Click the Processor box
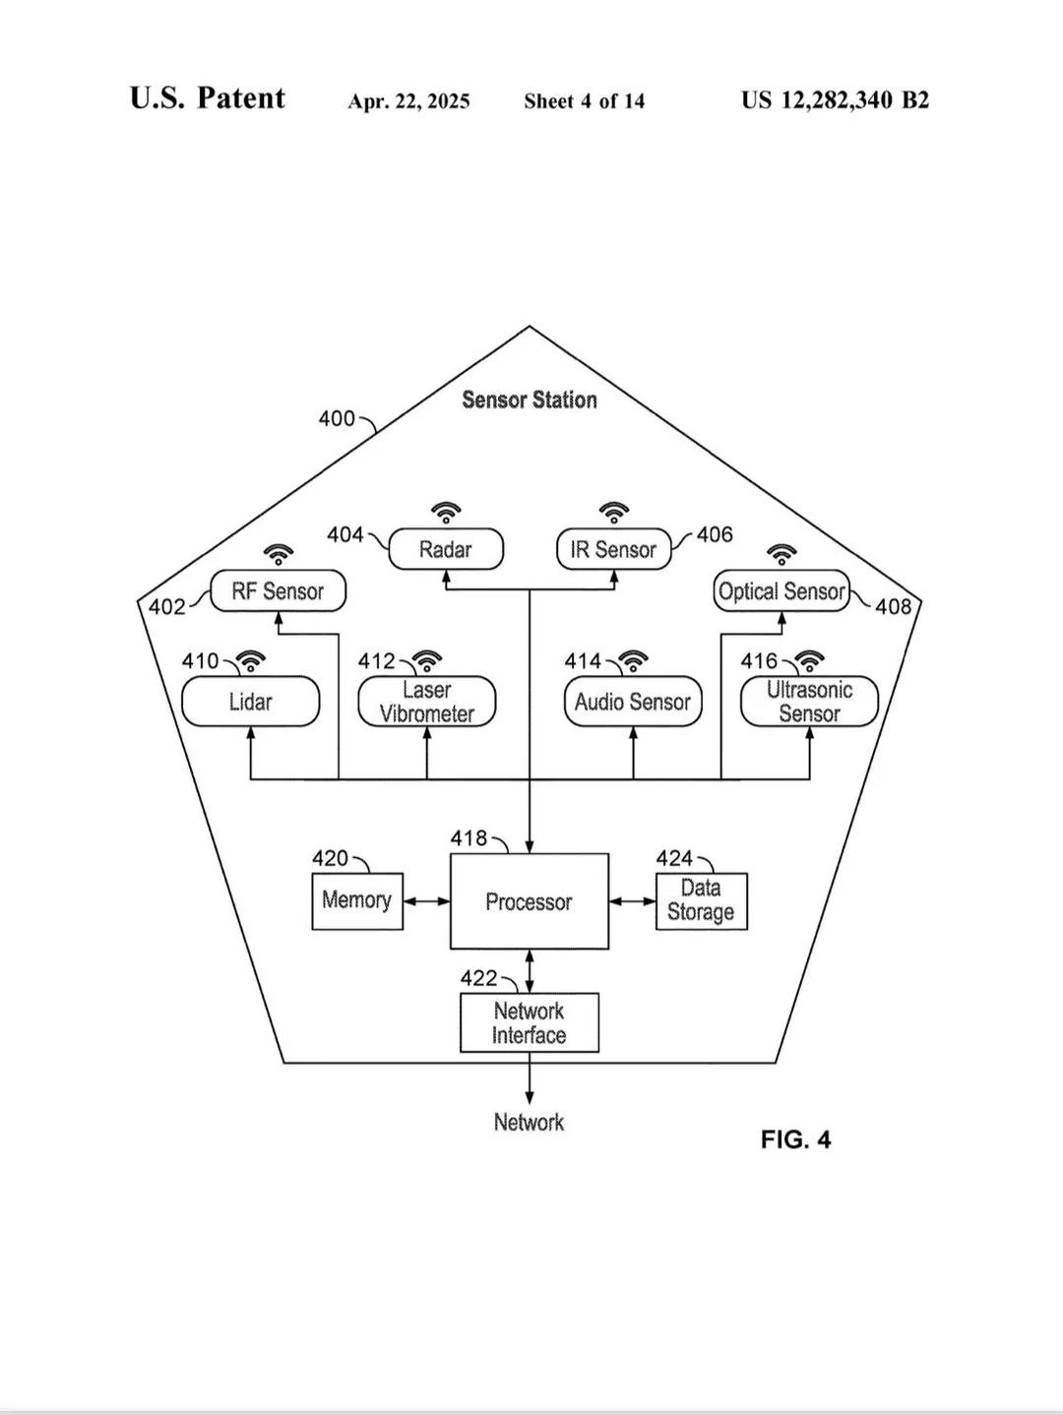(x=530, y=901)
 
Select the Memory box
(x=357, y=901)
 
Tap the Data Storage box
(x=702, y=901)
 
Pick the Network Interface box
(x=530, y=1022)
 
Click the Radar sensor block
(x=446, y=549)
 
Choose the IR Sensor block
(x=614, y=549)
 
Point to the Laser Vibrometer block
(x=427, y=702)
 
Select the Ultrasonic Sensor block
(x=809, y=702)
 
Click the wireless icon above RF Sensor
(x=279, y=554)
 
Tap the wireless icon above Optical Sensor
(x=782, y=554)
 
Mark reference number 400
(x=337, y=418)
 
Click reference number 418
(x=469, y=837)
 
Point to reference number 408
(x=894, y=606)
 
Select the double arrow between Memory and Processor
(x=427, y=901)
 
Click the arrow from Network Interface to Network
(x=530, y=1077)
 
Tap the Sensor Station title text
(x=530, y=400)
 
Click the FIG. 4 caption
(x=795, y=1139)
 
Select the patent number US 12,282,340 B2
(x=835, y=100)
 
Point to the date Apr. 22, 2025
(x=408, y=101)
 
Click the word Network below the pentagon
(x=530, y=1123)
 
